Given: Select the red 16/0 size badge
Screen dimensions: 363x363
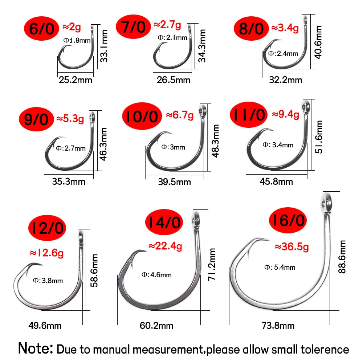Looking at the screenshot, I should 288,221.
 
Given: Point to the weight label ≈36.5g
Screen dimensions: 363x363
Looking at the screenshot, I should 292,247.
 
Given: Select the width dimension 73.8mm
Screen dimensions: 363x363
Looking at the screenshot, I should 278,326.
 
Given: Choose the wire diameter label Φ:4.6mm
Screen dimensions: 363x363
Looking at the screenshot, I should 156,275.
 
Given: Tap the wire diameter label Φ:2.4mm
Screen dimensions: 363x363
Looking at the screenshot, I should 283,54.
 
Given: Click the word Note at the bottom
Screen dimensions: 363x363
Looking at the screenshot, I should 35,348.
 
